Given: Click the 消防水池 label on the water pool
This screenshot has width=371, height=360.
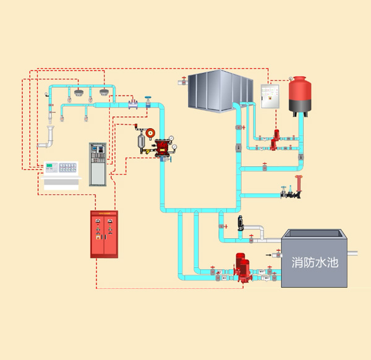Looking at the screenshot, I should pos(315,262).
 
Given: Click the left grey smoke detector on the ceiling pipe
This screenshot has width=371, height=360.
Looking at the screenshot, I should pos(79,92).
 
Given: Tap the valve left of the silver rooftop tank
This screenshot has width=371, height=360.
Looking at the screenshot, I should pos(184,82).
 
